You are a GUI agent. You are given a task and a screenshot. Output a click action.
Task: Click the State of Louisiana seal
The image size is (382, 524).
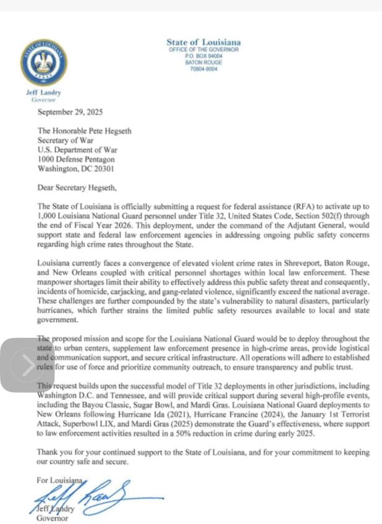[44, 63]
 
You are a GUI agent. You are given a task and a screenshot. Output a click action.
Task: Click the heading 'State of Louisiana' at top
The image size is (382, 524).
[203, 42]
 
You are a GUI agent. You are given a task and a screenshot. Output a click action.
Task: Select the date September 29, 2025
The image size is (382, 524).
[70, 113]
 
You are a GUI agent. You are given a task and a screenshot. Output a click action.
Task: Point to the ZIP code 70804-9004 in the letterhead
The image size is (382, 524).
[203, 69]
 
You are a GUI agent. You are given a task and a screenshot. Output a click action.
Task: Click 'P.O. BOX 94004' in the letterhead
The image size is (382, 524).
[203, 56]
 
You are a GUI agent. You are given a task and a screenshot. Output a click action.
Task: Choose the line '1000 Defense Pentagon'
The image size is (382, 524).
[77, 159]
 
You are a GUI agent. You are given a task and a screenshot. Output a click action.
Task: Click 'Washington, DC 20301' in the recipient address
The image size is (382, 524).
[75, 168]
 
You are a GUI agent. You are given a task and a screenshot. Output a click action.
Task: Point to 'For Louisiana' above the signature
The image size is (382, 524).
[59, 479]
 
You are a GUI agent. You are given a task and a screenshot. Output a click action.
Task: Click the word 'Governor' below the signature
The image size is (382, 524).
[53, 518]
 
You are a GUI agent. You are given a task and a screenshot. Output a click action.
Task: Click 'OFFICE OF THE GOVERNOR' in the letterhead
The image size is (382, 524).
[203, 49]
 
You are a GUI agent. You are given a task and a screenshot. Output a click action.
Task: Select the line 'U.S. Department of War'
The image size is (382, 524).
[77, 150]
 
